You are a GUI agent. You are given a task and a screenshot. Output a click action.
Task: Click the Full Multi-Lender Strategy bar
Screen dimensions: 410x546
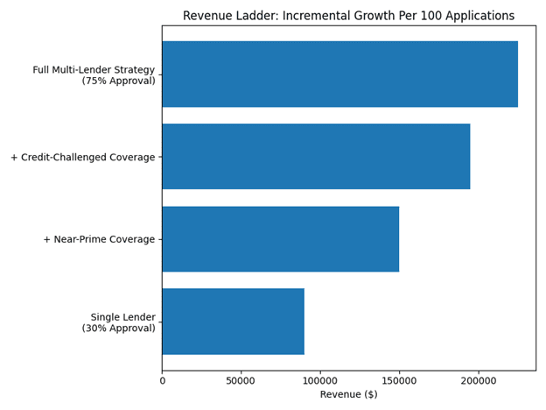click(339, 74)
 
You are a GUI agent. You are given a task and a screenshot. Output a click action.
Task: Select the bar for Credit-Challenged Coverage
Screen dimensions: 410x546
click(316, 157)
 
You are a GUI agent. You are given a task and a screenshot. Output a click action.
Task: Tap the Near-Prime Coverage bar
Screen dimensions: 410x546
click(280, 239)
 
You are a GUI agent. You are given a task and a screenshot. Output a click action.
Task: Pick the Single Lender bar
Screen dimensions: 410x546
click(233, 322)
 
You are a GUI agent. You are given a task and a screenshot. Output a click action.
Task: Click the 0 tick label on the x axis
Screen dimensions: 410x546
click(162, 380)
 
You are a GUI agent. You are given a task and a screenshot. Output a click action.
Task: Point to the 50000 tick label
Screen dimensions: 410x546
click(241, 380)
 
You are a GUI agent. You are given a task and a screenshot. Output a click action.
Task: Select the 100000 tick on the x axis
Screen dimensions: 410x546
click(320, 380)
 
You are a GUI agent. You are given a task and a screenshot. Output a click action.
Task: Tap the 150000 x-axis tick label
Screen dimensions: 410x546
click(399, 380)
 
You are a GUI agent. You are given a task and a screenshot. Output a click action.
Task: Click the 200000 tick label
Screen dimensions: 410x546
click(478, 380)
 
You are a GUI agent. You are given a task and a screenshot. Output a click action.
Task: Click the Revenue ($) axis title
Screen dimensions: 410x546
click(348, 395)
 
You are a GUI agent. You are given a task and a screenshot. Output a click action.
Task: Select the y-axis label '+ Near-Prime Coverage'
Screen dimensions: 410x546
click(99, 240)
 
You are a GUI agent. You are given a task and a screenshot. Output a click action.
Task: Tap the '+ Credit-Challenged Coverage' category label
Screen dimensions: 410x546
click(82, 158)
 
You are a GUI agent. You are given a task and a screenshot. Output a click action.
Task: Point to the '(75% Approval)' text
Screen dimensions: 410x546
click(118, 81)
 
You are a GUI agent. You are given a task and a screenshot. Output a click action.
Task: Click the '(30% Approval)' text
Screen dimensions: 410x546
click(118, 329)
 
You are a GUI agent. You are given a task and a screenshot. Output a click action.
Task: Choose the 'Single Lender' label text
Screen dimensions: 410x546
click(122, 317)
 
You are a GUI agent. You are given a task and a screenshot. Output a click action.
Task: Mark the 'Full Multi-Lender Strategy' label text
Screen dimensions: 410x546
click(94, 70)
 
